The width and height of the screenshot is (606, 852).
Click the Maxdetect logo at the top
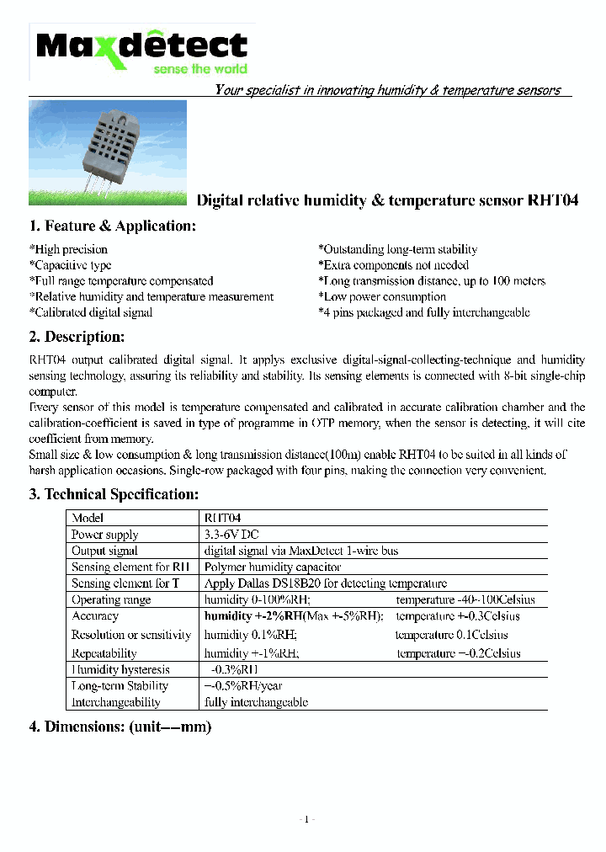click(x=141, y=46)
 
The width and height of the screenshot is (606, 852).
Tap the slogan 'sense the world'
click(x=200, y=69)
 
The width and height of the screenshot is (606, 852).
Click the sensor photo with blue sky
click(x=108, y=152)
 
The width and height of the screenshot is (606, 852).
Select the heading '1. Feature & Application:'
click(x=112, y=226)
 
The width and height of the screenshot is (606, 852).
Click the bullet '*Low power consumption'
click(x=381, y=296)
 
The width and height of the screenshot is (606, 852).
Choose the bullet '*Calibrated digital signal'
click(x=91, y=312)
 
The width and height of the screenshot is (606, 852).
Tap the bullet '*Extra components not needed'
click(x=393, y=265)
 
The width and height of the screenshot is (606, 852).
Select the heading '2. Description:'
click(x=77, y=337)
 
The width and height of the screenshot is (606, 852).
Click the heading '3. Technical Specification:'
click(x=114, y=494)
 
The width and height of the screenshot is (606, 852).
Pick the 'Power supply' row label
click(x=104, y=535)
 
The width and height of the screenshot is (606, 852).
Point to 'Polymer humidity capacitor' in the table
click(x=272, y=567)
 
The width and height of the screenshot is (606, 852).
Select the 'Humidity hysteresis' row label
click(x=120, y=669)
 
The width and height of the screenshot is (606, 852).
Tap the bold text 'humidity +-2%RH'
click(x=252, y=616)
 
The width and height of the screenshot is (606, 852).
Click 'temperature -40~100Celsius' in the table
click(x=465, y=600)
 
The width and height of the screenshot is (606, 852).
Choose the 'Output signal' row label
click(x=104, y=551)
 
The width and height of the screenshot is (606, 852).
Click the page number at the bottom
click(x=306, y=819)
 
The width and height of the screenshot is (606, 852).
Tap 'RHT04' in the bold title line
click(x=553, y=200)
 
